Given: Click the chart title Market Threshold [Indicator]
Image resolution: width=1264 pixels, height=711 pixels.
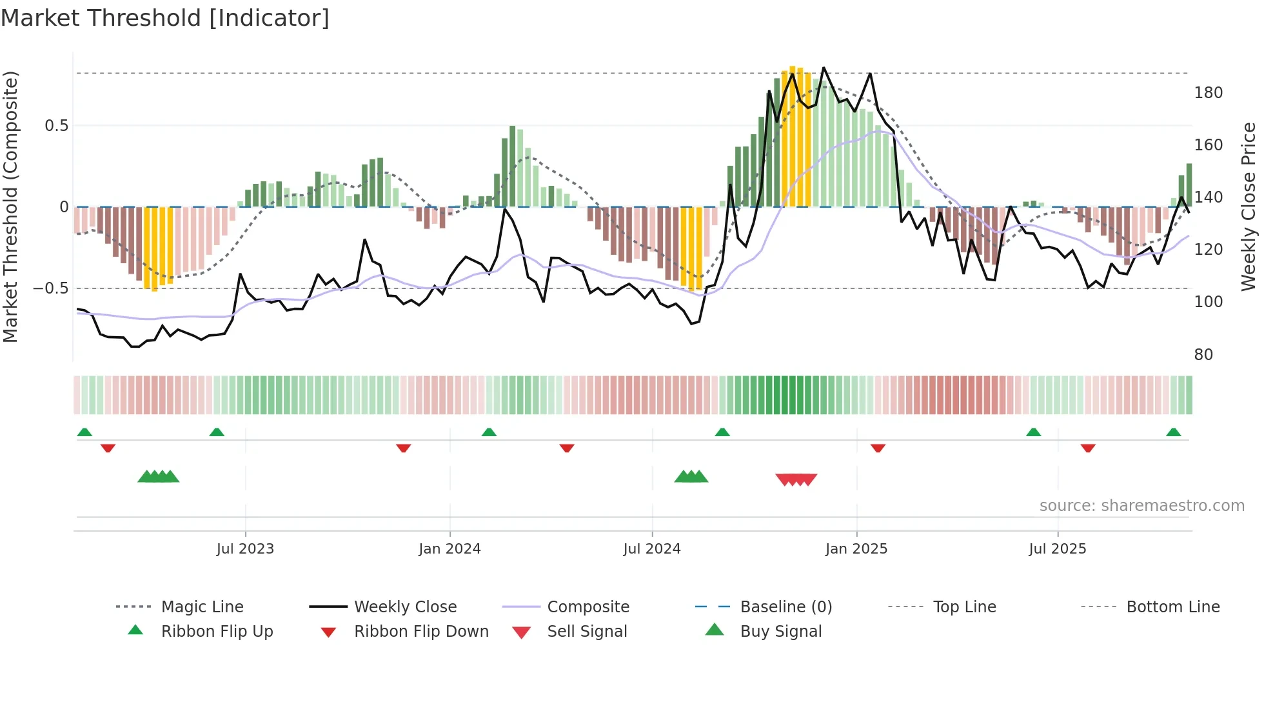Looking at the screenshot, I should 165,18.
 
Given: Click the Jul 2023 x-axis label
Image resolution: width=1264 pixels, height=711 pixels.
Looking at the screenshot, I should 245,549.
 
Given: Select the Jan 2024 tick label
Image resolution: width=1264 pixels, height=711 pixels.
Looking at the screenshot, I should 449,549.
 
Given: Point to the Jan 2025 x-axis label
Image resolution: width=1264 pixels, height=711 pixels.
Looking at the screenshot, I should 856,549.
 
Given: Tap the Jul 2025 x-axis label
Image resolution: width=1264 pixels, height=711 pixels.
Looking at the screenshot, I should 1058,549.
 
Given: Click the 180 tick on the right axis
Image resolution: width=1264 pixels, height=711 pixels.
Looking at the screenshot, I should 1208,93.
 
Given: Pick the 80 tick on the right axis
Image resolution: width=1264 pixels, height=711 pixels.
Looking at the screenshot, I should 1203,355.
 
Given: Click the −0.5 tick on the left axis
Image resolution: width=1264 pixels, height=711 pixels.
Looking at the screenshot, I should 51,288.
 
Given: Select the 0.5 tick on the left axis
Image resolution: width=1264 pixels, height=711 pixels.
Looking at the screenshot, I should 56,126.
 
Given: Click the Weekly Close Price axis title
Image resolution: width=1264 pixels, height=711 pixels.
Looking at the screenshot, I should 1249,206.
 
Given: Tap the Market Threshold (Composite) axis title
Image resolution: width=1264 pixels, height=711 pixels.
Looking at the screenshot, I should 10,206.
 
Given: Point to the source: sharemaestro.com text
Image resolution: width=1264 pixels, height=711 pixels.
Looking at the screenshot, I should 1141,506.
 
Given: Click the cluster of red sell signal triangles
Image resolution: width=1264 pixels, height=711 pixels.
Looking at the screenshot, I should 796,479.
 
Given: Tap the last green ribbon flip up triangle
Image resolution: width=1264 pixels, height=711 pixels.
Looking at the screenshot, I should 1173,432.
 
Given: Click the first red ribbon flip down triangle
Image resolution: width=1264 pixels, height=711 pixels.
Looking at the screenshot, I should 108,448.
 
